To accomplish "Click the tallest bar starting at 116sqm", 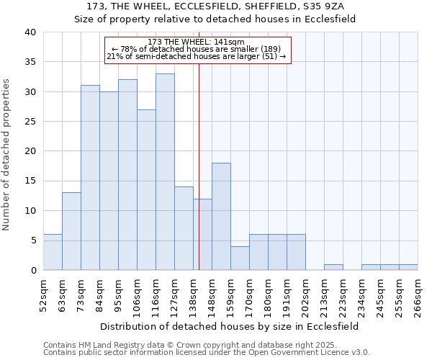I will (x=165, y=172).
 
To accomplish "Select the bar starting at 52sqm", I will (x=53, y=252).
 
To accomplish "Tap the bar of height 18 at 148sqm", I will (x=221, y=216).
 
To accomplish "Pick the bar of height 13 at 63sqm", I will (x=71, y=231).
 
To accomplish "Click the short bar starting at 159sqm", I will (x=240, y=258).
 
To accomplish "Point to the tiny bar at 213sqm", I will (x=333, y=267).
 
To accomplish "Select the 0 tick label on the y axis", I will (x=32, y=271).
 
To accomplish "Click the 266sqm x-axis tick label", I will (x=418, y=295).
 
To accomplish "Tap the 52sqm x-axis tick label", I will (x=43, y=295).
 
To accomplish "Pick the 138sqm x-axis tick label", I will (x=193, y=295).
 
